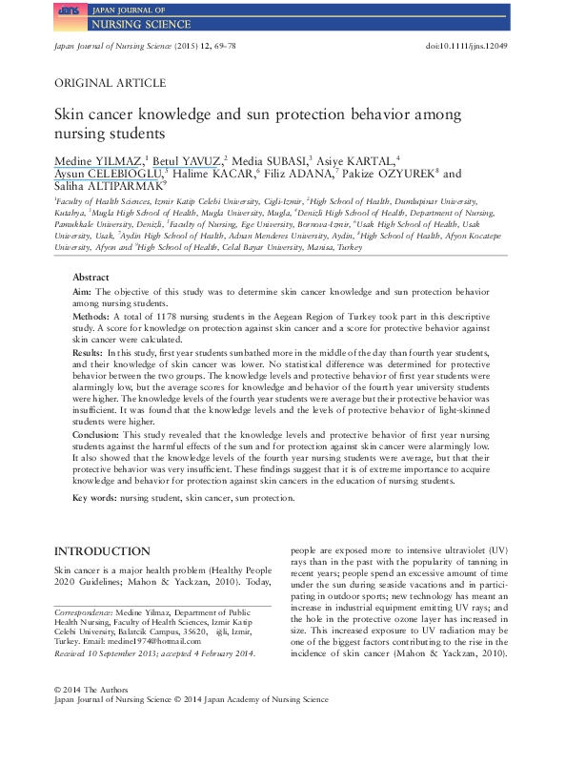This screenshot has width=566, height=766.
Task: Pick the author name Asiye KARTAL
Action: pyautogui.click(x=366, y=159)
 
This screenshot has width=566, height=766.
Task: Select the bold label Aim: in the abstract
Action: pyautogui.click(x=81, y=289)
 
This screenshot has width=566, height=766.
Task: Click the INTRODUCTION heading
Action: pyautogui.click(x=102, y=551)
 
